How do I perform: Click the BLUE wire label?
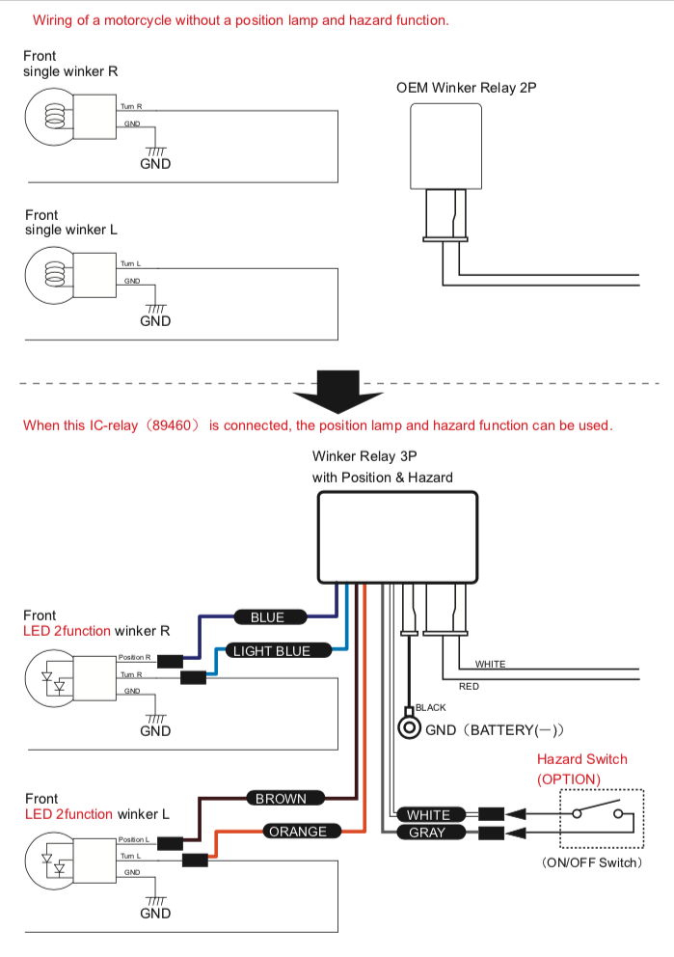coord(267,617)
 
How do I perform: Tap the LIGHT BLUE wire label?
coord(272,651)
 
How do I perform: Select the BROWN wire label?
coord(281,799)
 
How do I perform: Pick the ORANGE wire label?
coord(298,832)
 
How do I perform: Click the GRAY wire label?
coord(427,833)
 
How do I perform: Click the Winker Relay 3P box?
coord(397,537)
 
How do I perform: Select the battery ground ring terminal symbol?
coord(410,728)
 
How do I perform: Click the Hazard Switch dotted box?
coord(601,819)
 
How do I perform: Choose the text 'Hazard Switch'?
coord(581,759)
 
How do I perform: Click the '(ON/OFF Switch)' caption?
coord(591,862)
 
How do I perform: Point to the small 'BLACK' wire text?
coord(430,708)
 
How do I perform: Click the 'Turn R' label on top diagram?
coord(131,106)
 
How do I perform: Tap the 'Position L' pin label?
coord(134,839)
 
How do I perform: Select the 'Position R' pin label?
coord(135,657)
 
